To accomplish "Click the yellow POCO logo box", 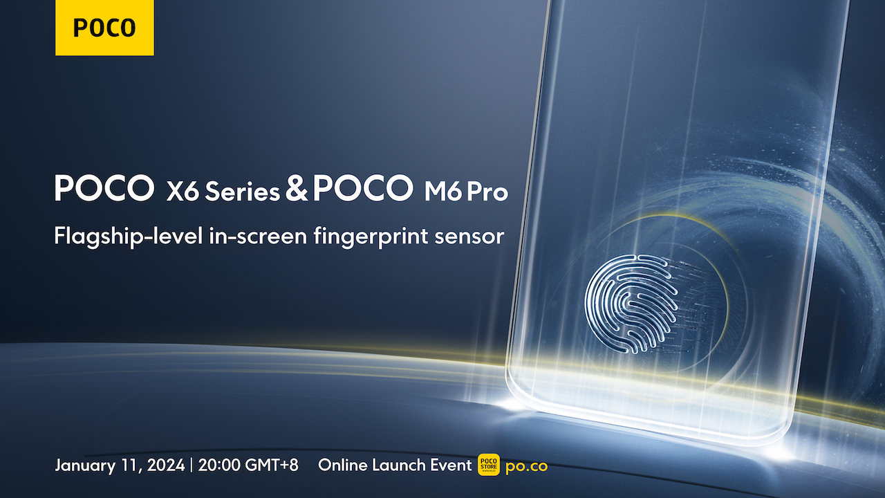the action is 104,28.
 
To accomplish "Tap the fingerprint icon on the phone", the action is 631,304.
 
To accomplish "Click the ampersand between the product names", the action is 297,189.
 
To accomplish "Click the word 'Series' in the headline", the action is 242,192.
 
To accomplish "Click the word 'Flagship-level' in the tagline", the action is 129,237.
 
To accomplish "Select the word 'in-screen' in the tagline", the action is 258,236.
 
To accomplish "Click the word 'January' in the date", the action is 85,465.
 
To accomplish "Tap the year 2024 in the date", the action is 166,465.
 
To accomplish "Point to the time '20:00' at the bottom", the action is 218,465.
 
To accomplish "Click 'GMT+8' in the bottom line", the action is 272,465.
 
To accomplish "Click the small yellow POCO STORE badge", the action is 489,465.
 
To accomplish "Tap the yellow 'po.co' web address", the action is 527,466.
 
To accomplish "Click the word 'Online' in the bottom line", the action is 342,465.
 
